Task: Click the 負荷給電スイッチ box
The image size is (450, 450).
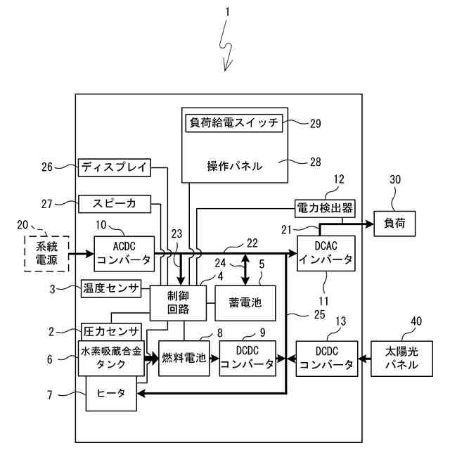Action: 234,122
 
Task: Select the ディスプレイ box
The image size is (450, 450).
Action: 113,167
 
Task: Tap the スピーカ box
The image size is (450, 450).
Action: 113,204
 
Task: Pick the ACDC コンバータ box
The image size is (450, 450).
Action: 123,253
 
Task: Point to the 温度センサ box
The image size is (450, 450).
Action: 111,288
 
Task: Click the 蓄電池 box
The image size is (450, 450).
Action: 245,303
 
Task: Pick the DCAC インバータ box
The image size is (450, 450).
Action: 326,253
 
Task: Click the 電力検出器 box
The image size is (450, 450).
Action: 324,208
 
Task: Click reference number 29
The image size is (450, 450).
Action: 314,122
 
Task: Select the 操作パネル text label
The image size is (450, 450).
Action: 234,167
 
